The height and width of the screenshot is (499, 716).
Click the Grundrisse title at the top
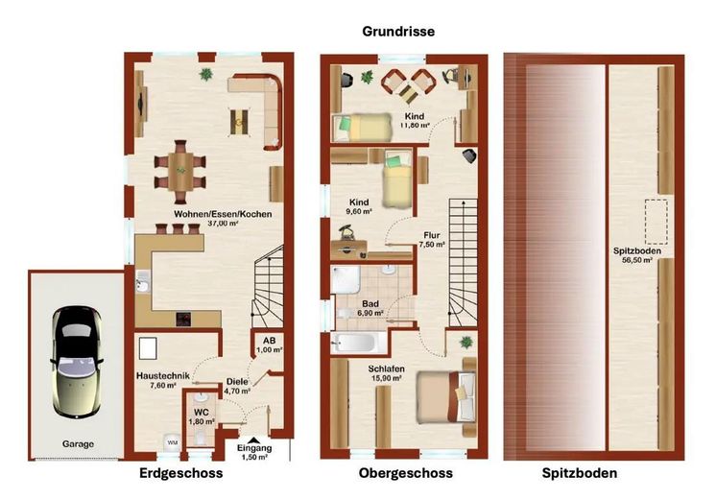(398, 32)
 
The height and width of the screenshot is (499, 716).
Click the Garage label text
(79, 444)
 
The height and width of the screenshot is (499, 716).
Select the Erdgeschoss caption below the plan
(181, 474)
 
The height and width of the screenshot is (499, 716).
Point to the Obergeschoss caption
(405, 474)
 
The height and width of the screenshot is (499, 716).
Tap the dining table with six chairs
(179, 169)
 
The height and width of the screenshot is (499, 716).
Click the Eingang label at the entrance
(253, 448)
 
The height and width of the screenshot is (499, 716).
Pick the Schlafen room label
(387, 368)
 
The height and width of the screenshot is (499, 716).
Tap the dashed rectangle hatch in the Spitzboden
(656, 222)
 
